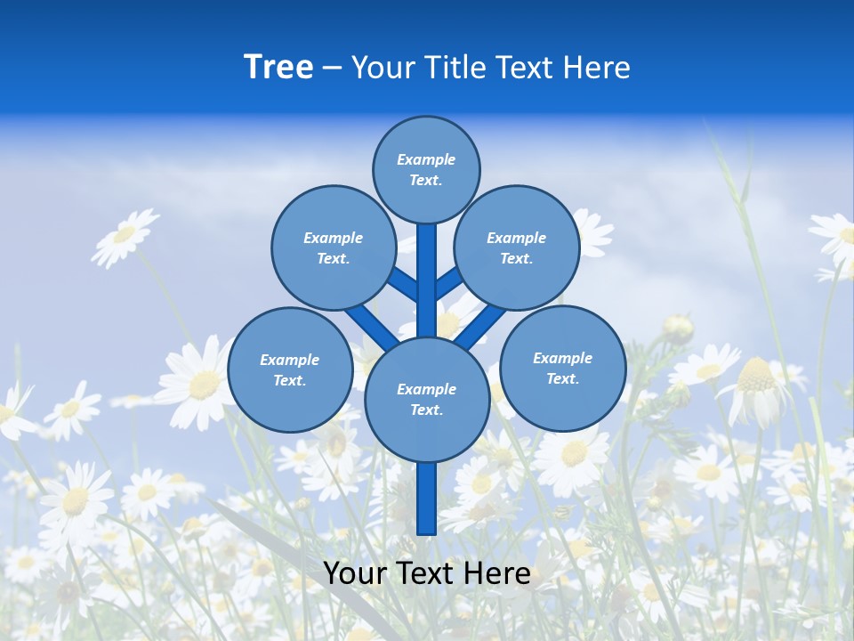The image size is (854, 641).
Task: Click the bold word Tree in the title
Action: (278, 68)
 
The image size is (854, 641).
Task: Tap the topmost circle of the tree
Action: (426, 169)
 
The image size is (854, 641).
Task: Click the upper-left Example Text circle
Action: (334, 247)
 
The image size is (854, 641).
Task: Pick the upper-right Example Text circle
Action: (517, 247)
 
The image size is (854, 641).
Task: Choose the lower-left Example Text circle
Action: (290, 370)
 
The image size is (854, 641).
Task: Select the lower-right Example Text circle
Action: (563, 368)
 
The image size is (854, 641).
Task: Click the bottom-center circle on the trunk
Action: (427, 399)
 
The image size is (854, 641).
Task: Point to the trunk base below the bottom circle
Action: (427, 499)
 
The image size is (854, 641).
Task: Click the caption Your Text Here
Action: (427, 573)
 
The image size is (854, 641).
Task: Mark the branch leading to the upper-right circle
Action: (450, 283)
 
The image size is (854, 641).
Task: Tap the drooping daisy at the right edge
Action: (756, 392)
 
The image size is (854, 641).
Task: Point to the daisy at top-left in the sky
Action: (125, 236)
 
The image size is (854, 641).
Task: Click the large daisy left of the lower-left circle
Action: (201, 383)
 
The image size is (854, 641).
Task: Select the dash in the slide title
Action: (332, 68)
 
